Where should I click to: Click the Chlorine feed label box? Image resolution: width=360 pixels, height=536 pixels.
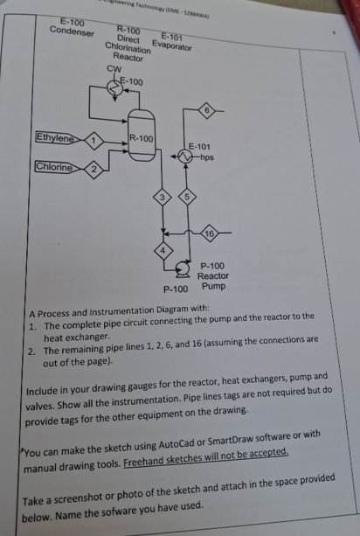[x=53, y=166]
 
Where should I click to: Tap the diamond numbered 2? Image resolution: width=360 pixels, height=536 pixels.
[x=96, y=168]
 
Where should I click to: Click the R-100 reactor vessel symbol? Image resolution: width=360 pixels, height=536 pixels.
[x=142, y=140]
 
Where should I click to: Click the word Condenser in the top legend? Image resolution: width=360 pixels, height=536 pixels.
[x=73, y=30]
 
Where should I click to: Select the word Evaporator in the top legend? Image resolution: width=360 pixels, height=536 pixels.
[x=171, y=45]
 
